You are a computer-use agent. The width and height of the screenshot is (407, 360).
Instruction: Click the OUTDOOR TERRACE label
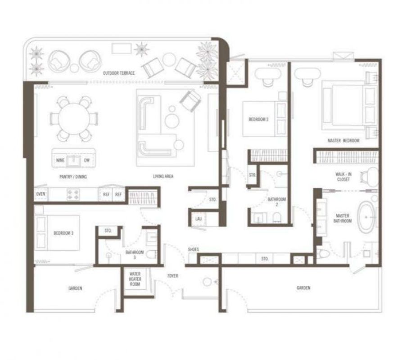pos(119,73)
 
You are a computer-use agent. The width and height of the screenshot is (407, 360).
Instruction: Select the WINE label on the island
pos(60,160)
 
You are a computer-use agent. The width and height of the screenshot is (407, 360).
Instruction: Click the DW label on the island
pos(87,160)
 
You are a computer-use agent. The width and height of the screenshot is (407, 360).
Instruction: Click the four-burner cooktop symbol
pos(73,194)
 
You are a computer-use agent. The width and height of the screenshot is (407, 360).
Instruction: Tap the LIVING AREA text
pos(163,176)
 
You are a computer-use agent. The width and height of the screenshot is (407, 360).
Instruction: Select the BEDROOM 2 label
pos(258,120)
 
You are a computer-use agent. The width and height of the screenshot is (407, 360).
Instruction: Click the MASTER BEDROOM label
pos(344,141)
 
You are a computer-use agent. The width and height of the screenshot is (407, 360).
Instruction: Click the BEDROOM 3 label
pos(63,233)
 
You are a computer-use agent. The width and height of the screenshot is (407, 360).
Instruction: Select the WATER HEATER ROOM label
pos(135,279)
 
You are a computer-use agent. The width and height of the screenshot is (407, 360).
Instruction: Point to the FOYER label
pos(173,276)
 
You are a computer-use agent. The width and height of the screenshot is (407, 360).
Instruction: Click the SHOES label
pos(194,249)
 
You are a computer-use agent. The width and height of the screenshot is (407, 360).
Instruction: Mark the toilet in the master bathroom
pos(322,255)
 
